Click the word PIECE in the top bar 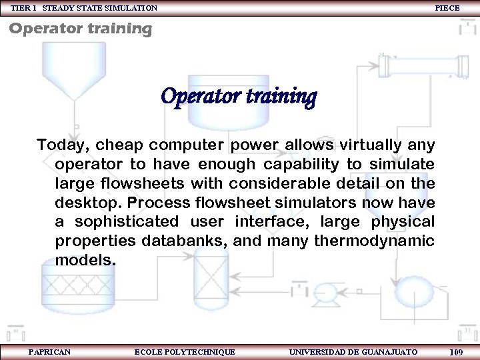(x=447, y=8)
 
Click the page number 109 (x=457, y=352)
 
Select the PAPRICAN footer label (x=50, y=351)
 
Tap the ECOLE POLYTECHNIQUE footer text (x=185, y=351)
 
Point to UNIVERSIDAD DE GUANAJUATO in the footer (x=353, y=351)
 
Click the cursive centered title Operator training (x=239, y=97)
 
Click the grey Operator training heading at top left (x=81, y=29)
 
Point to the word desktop (x=86, y=202)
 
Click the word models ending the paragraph (x=85, y=260)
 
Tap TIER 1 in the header (x=24, y=8)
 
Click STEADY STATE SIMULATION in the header (x=100, y=8)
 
